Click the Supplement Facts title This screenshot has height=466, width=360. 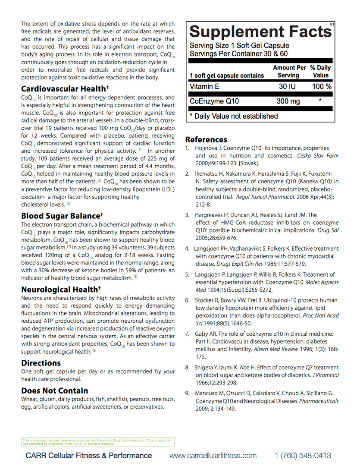[x=260, y=32]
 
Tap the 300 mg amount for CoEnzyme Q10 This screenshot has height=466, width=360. [x=288, y=101]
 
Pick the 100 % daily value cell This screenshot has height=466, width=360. [x=322, y=86]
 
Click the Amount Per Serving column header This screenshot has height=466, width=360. [x=289, y=71]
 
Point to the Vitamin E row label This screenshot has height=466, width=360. [x=205, y=86]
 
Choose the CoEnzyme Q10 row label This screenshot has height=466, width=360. [x=214, y=101]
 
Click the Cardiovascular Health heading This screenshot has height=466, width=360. [x=63, y=89]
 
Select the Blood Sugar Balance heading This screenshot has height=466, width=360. [x=62, y=216]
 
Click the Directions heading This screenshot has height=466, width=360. [x=41, y=363]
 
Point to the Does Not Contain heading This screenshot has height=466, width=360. [x=55, y=391]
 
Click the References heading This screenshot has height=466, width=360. [x=206, y=139]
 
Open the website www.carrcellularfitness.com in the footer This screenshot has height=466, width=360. [x=213, y=456]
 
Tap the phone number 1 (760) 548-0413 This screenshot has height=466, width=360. [x=303, y=456]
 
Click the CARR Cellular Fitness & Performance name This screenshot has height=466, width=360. [x=89, y=456]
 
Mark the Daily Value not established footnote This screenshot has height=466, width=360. [x=234, y=116]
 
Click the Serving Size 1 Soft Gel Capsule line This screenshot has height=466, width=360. [x=239, y=46]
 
